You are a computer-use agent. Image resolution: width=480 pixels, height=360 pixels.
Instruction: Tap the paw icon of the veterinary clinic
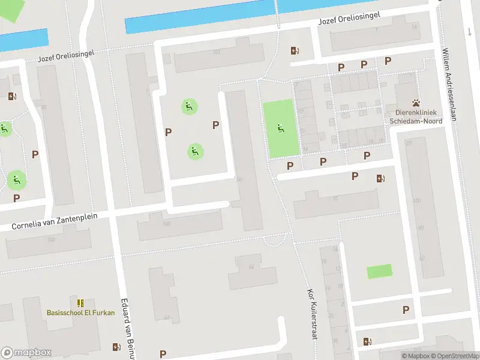[x=415, y=103]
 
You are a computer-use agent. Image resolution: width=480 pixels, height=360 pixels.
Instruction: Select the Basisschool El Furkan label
[x=80, y=313]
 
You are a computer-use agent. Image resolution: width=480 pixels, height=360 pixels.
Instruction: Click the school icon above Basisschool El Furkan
[x=81, y=303]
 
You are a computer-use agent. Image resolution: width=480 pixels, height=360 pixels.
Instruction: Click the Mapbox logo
[x=26, y=353]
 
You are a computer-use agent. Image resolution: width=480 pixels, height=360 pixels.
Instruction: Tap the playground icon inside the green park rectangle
[x=280, y=128]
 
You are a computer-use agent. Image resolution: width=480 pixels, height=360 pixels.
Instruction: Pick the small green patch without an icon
[x=379, y=271]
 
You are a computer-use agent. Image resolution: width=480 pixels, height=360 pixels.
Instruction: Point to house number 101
[x=216, y=52]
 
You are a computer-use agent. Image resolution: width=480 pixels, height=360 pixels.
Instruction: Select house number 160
[x=166, y=224]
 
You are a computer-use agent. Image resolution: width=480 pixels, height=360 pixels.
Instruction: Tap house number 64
[x=166, y=317]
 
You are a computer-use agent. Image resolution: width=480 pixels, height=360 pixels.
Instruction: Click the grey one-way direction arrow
[x=469, y=31]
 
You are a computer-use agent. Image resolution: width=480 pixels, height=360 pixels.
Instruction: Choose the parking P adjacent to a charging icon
[x=355, y=176]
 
